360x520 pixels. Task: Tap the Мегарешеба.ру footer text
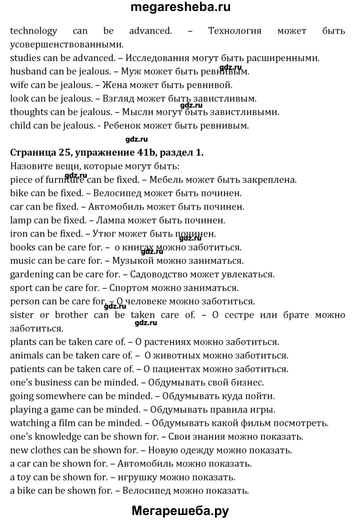[180, 510]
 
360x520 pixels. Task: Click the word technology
[33, 31]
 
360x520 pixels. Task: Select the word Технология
[234, 31]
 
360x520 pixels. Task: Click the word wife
[18, 85]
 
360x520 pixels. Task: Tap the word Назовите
[29, 166]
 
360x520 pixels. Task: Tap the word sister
[22, 315]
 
